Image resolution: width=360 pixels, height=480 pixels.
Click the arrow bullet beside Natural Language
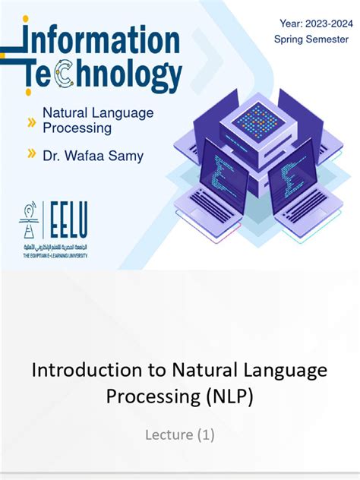coord(32,121)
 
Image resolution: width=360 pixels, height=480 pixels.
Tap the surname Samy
coord(126,156)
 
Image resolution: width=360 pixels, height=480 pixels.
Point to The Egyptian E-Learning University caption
coord(53,256)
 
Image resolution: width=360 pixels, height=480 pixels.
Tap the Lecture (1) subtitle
coord(180,434)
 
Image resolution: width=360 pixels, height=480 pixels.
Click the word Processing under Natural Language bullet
coord(77,128)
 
